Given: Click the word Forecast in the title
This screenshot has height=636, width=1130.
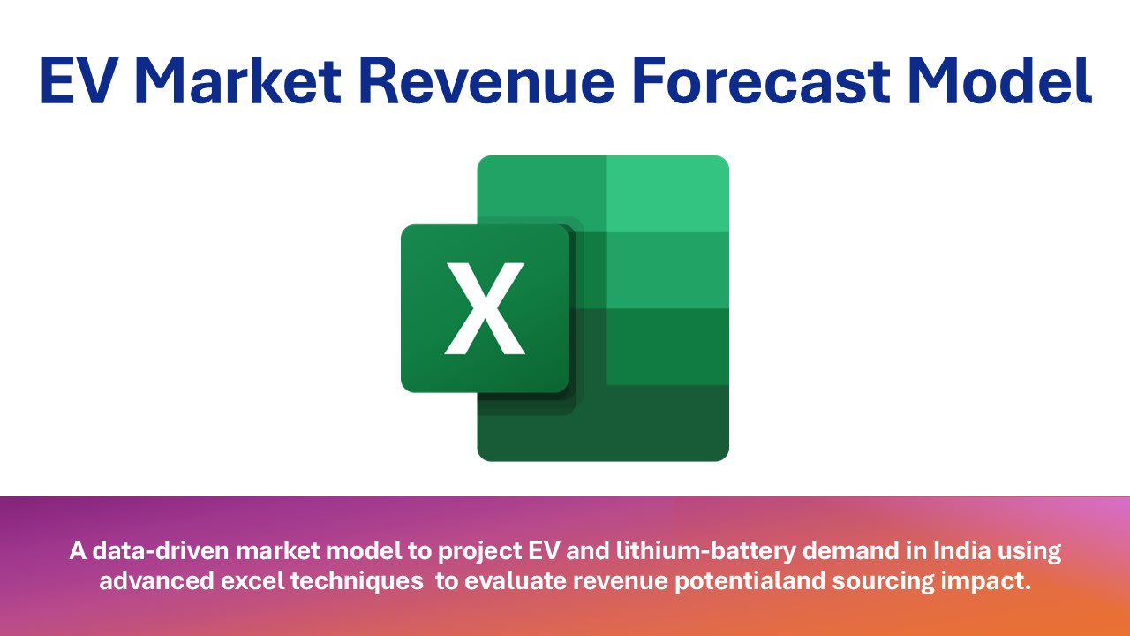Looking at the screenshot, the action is tap(761, 80).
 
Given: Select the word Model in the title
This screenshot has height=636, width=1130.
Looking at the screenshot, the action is tap(1000, 79).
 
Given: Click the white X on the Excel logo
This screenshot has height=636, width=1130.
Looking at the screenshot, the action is tap(485, 308).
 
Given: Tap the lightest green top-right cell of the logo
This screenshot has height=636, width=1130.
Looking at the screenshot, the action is tap(668, 193).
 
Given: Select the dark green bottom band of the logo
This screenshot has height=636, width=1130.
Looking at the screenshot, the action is tap(603, 423).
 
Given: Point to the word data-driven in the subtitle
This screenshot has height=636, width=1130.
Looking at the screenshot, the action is tap(161, 550).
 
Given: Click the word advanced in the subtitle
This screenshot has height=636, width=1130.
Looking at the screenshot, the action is tap(157, 581).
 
